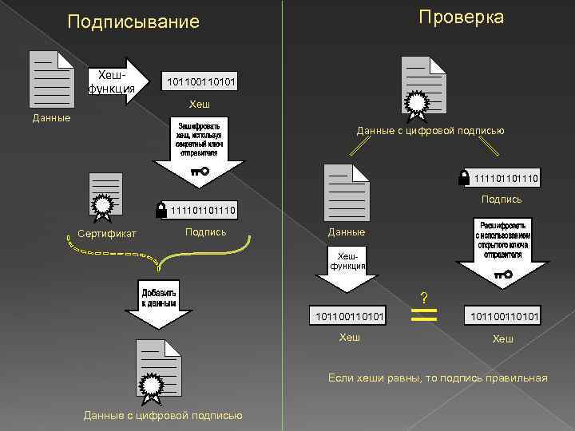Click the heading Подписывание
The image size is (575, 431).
133,22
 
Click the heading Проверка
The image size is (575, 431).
462,18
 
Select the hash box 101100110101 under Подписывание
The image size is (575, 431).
200,82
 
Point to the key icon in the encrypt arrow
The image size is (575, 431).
200,171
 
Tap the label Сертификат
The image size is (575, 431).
107,233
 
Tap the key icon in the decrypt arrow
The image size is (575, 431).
503,275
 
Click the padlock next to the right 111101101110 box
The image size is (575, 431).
464,178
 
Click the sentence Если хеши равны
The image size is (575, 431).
438,378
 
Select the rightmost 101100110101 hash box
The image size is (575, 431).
503,317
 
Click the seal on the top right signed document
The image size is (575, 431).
417,101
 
